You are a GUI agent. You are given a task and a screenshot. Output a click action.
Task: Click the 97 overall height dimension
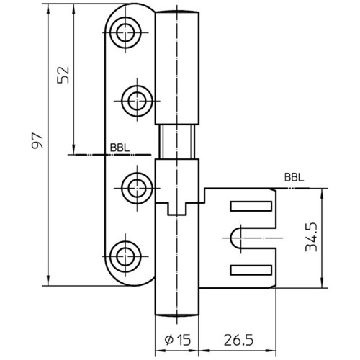(x=37, y=140)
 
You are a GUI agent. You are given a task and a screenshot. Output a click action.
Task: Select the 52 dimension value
(x=63, y=75)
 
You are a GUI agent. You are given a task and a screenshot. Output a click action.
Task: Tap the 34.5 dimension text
(x=311, y=237)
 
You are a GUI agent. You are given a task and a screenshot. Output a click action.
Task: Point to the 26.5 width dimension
(x=238, y=340)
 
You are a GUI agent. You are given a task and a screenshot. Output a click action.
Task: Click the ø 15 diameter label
(x=178, y=340)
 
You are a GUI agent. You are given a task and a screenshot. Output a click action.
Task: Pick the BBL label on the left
(x=120, y=148)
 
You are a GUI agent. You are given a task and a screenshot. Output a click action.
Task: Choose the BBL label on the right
(x=294, y=178)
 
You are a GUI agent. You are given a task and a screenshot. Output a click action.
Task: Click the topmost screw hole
(x=125, y=32)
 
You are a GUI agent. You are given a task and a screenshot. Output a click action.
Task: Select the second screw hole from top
(x=137, y=101)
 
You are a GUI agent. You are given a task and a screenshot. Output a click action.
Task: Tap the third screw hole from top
(x=137, y=189)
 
